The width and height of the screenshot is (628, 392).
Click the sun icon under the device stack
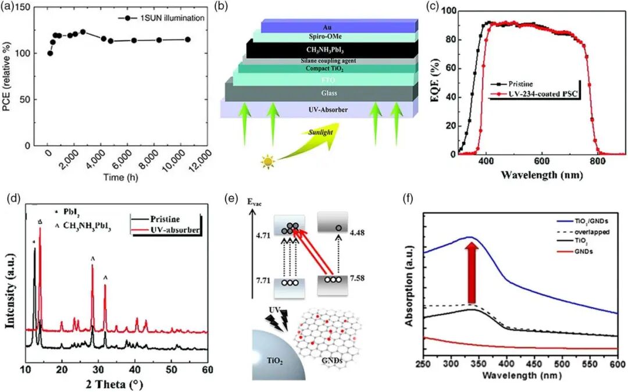click(x=267, y=162)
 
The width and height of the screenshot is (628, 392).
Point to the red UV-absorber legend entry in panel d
click(x=174, y=231)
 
